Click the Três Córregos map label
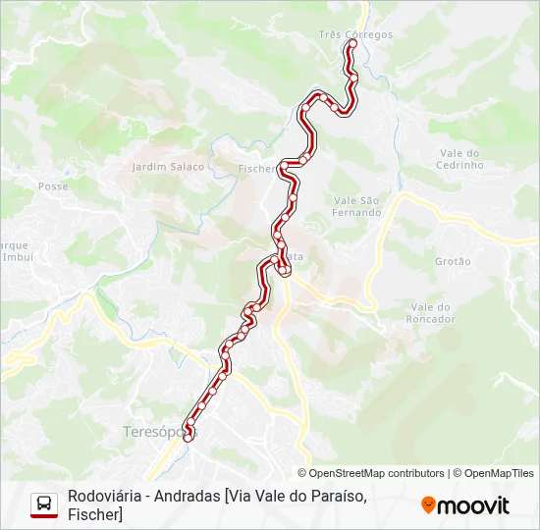point(355,34)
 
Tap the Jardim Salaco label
point(168,167)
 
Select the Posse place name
point(52,185)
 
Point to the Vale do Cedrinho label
point(460,159)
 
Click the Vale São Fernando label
point(355,206)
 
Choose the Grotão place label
point(453,261)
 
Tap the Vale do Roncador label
point(431,313)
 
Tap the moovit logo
point(465,505)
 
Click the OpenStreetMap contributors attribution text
point(376,473)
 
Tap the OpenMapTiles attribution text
point(499,473)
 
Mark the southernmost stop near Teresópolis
point(188,450)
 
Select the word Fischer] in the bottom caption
point(95,514)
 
